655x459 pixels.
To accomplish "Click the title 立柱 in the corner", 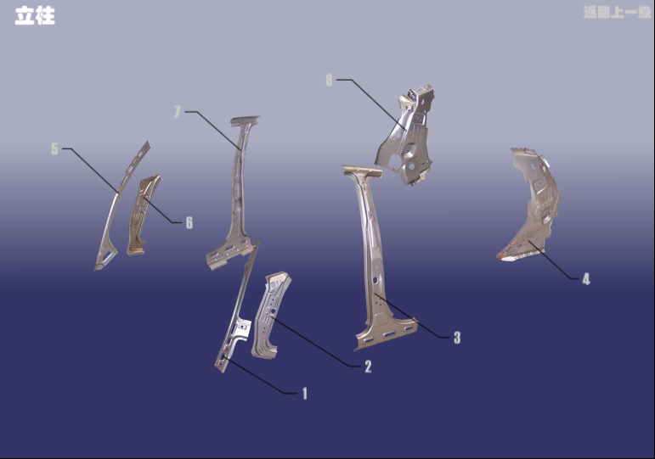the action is pos(35,16).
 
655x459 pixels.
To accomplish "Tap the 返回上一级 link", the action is pos(618,12).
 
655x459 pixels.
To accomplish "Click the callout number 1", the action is pos(305,393).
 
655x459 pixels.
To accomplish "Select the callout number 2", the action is pos(368,367).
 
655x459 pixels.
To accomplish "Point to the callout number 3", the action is pos(457,337).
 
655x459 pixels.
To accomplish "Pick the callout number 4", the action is pos(586,279).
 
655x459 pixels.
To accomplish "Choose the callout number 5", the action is pos(54,148).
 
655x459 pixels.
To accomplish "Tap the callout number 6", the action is pos(189,222).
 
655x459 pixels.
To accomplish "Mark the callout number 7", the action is pos(178,112).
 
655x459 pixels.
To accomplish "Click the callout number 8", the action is pos(329,80).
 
